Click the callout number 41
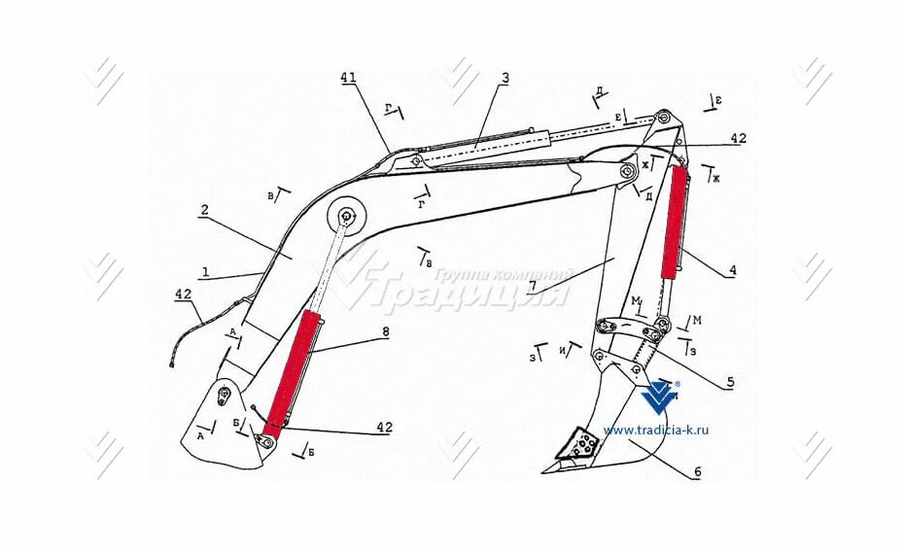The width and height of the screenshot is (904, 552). click(350, 79)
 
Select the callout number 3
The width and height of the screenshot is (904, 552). click(504, 79)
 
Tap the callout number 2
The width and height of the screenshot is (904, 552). click(205, 210)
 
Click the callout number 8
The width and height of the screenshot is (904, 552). click(385, 332)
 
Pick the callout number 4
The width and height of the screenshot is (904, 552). click(732, 271)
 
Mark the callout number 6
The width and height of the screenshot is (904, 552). click(697, 473)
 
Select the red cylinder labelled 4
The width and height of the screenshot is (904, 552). click(675, 222)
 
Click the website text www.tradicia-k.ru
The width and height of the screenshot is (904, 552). click(656, 430)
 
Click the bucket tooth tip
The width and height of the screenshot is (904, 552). click(545, 471)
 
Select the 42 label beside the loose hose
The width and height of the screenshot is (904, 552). click(183, 293)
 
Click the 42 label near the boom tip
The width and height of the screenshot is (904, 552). click(738, 139)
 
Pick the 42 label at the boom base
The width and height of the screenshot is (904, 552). click(384, 427)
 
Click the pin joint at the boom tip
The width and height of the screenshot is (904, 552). click(665, 117)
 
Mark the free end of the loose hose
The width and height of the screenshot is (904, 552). click(169, 365)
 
